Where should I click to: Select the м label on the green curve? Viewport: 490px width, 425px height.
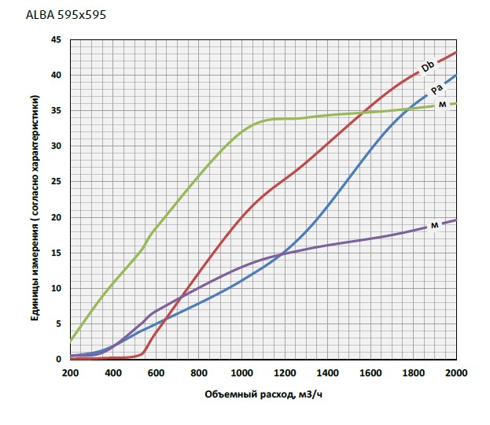tap(443, 104)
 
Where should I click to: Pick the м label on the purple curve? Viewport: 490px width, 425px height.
tap(434, 226)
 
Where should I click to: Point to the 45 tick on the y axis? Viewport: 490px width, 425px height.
tap(56, 39)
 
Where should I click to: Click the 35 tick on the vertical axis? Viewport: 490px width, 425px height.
tap(56, 111)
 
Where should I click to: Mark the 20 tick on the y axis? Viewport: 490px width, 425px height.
tap(56, 217)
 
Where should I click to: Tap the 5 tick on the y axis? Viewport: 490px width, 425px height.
tap(59, 323)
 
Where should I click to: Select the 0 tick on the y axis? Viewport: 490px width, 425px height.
tap(59, 360)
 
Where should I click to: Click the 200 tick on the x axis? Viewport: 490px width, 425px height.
tap(70, 372)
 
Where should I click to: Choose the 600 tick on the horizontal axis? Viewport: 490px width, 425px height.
tap(156, 372)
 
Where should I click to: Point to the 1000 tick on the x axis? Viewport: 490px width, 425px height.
tap(241, 372)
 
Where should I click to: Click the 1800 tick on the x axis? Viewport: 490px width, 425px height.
tap(414, 372)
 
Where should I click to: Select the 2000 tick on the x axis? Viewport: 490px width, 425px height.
tap(456, 372)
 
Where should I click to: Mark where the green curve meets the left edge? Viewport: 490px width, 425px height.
tap(71, 342)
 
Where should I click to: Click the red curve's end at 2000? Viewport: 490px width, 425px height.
tap(456, 53)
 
